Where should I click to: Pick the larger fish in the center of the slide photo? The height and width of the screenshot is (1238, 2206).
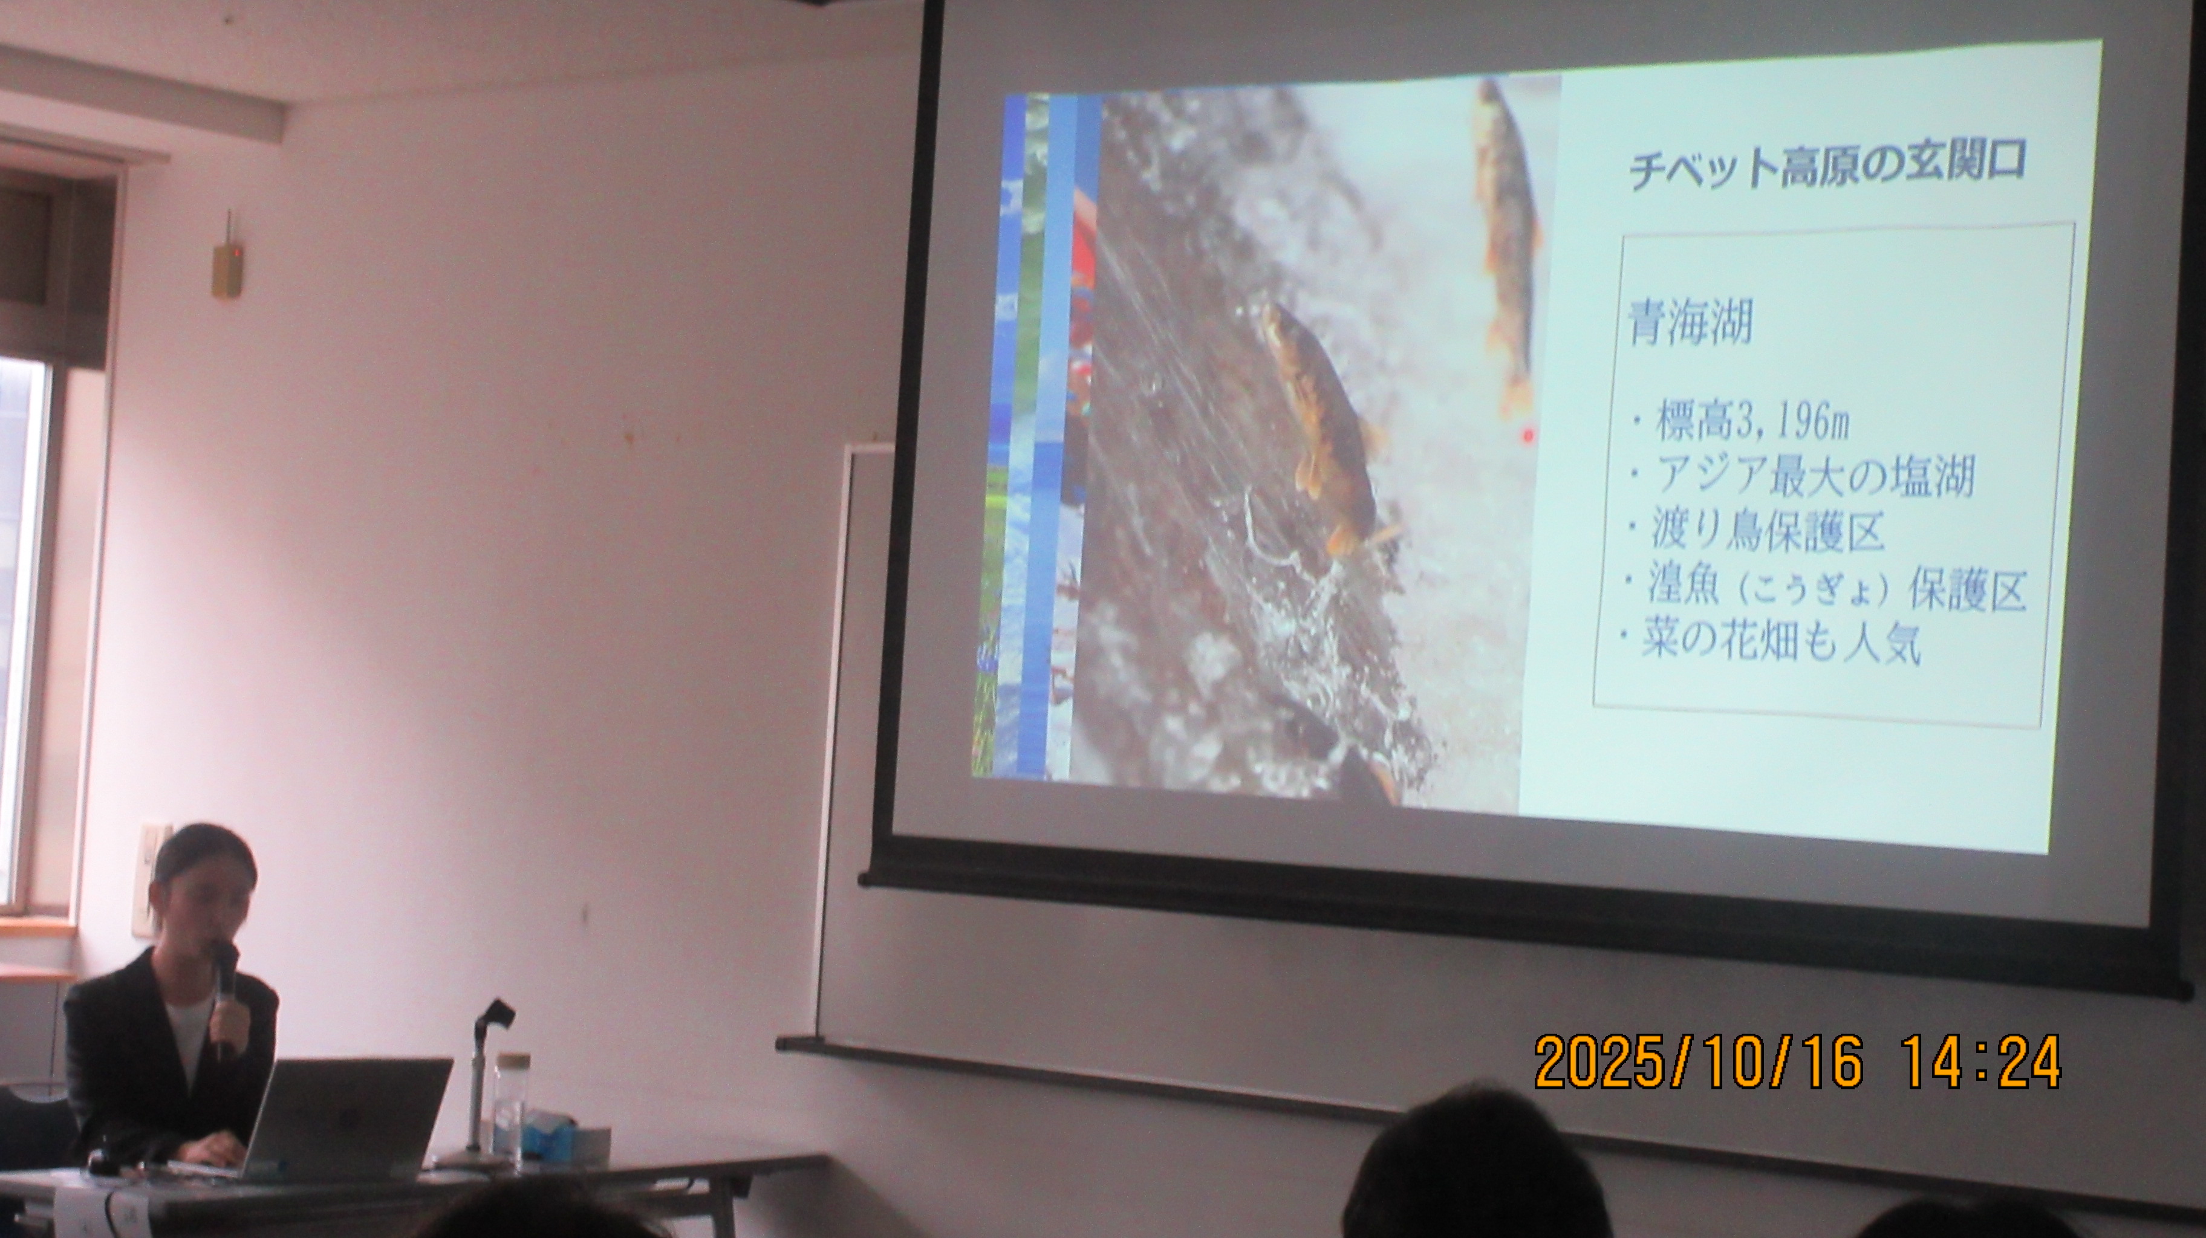point(1323,428)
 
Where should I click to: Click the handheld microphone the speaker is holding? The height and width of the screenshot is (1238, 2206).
point(224,993)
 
